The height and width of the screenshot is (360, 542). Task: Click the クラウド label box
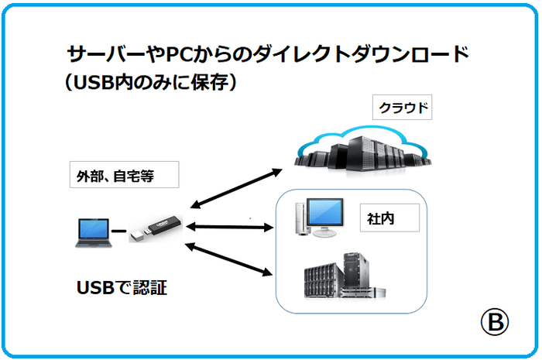tap(402, 108)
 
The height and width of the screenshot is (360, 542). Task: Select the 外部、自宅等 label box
tap(123, 176)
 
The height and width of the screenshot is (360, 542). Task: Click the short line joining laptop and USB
tap(118, 231)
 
